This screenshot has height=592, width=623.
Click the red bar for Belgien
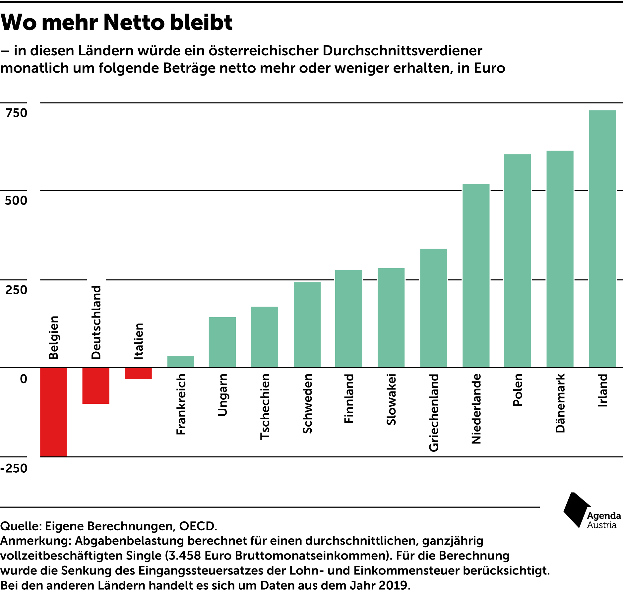click(x=53, y=412)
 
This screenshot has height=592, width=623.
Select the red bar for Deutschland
click(x=96, y=385)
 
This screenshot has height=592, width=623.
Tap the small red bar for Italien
click(x=138, y=373)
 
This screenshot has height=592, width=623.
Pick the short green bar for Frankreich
click(x=181, y=361)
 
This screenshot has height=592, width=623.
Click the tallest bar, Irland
click(x=602, y=239)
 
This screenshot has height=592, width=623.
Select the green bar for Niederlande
click(x=476, y=275)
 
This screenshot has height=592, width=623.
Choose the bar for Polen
click(x=517, y=261)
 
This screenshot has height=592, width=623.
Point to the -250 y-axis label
click(x=14, y=468)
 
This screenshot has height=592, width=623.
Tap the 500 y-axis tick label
click(x=16, y=201)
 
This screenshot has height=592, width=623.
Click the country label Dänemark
click(x=560, y=403)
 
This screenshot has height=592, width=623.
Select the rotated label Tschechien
click(x=265, y=407)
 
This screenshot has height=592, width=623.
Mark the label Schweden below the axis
click(x=307, y=403)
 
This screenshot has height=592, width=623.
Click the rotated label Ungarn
click(x=222, y=395)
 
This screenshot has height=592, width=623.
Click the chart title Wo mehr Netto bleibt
click(x=117, y=23)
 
